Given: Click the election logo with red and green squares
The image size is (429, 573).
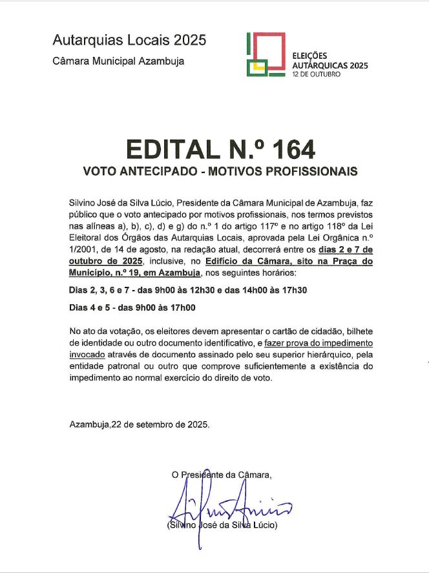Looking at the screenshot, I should click(266, 54).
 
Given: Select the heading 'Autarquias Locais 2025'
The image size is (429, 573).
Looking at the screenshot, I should click(130, 40).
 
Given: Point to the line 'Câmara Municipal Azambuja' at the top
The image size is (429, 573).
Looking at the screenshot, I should click(119, 61).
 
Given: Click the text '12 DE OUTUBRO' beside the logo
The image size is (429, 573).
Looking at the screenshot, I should click(317, 74).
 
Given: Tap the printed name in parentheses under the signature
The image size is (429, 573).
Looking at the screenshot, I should click(222, 525).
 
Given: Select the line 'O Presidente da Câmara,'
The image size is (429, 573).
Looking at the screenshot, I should click(222, 475).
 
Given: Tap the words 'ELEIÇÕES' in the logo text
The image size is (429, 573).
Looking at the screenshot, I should click(310, 56).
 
